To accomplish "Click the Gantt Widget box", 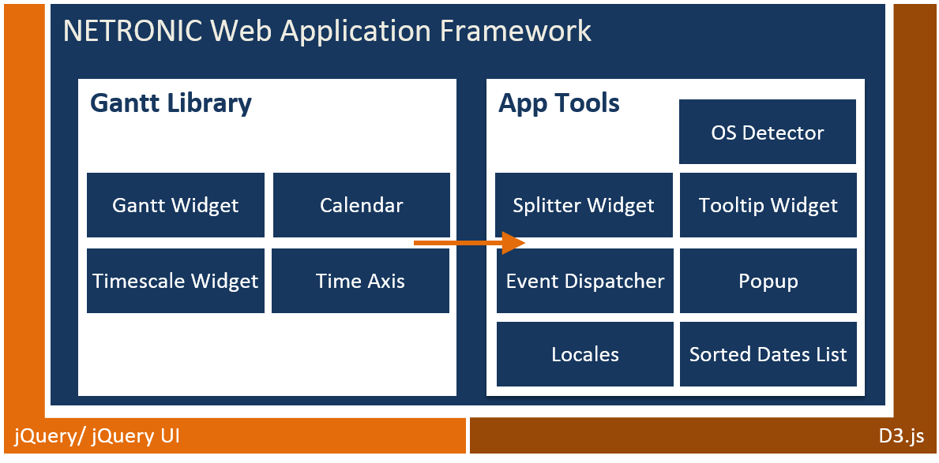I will tap(175, 205).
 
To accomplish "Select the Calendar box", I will tap(361, 205).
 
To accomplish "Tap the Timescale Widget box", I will tap(175, 281).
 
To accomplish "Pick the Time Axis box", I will tap(360, 281).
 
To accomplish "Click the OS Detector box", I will tap(767, 132).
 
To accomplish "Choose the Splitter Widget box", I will tap(584, 205).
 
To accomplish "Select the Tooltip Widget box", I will tap(768, 205).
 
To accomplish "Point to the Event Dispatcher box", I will tap(585, 281).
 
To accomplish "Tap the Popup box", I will tap(768, 281).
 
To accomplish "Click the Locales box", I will tap(585, 354).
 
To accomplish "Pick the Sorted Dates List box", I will tap(768, 354).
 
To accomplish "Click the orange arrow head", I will tap(514, 243).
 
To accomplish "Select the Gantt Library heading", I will tap(171, 103).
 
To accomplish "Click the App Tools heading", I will tap(559, 103).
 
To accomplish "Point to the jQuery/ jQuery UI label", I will tap(97, 435).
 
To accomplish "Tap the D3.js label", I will tap(901, 435).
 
